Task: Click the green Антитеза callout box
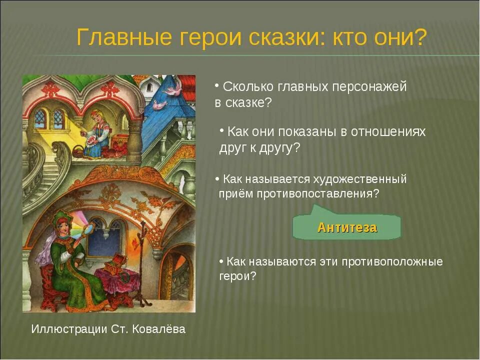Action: (346, 228)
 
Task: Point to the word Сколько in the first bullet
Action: (247, 86)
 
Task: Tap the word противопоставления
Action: (317, 194)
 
